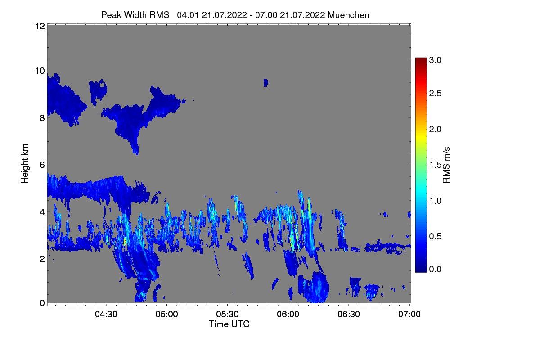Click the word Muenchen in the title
348,15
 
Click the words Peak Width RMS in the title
135,15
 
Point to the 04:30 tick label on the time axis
106,314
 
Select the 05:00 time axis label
166,314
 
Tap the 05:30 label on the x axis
227,314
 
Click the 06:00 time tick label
288,314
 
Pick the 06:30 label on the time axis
349,314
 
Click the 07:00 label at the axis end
409,314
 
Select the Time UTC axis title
229,324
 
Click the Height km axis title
25,164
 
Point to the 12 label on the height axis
40,26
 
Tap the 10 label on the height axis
40,71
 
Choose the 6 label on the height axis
42,165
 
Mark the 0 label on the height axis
42,303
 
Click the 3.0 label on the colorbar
435,60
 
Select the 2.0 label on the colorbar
435,130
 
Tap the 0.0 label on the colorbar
435,269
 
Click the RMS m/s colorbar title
446,165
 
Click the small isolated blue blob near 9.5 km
265,83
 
